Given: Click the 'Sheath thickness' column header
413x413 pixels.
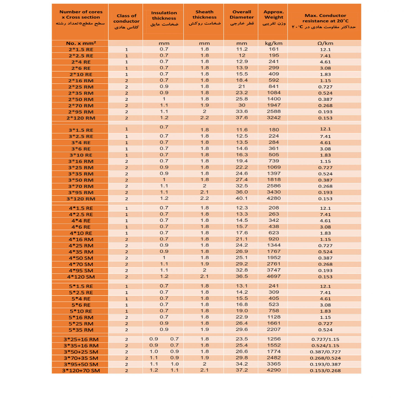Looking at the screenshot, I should [x=204, y=18].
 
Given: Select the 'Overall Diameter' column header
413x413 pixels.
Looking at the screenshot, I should [x=242, y=18].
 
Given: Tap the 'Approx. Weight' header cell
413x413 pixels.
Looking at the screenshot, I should [x=273, y=18].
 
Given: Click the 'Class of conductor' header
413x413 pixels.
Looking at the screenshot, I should [x=126, y=21].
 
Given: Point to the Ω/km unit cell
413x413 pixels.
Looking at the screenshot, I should [x=325, y=43].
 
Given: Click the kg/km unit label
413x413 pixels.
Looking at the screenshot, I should [x=273, y=43].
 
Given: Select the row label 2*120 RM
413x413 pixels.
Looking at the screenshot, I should [x=81, y=118].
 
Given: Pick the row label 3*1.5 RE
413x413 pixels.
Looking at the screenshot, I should [x=81, y=130].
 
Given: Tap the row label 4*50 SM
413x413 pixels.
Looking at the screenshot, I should [x=81, y=258].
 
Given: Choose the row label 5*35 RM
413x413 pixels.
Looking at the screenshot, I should [x=81, y=330].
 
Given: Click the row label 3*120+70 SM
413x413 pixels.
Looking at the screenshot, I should [x=81, y=370].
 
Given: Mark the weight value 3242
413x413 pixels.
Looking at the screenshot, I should [x=273, y=118].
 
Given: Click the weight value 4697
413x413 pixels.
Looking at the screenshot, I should [x=273, y=276].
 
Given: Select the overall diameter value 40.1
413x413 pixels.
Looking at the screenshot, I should [x=242, y=199].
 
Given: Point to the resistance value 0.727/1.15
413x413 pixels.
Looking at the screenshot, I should [x=325, y=339].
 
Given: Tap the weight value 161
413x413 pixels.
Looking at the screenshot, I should [x=273, y=49].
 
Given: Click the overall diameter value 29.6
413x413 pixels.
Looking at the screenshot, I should [x=242, y=330].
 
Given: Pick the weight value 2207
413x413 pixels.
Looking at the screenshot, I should [x=273, y=330].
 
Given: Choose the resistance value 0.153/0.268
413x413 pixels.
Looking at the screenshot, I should [x=325, y=370].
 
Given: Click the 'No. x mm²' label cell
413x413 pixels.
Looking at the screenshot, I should [x=81, y=43].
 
